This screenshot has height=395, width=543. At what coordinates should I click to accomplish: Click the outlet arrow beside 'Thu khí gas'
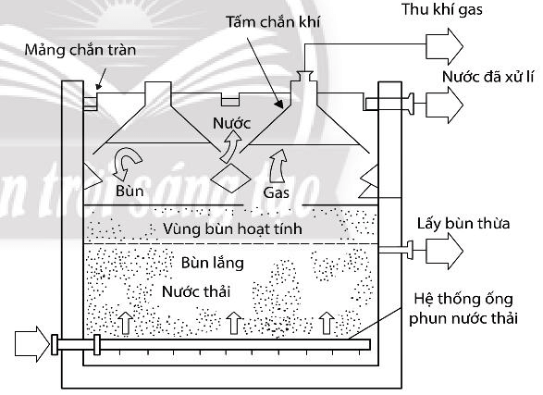pyautogui.click(x=447, y=42)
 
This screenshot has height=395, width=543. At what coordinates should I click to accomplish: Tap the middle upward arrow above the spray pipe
pyautogui.click(x=233, y=323)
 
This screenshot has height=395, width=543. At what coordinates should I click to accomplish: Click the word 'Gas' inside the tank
pyautogui.click(x=277, y=193)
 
